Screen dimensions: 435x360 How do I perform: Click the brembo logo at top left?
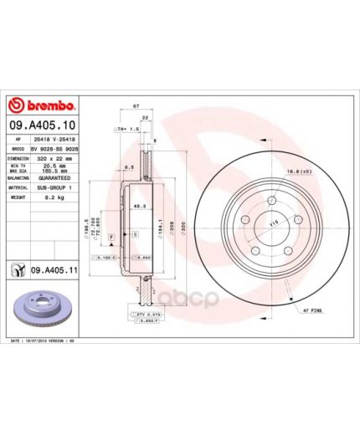tap(43, 105)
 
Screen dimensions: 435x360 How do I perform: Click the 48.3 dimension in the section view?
tap(140, 205)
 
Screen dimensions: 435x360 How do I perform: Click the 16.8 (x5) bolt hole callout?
tap(300, 171)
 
